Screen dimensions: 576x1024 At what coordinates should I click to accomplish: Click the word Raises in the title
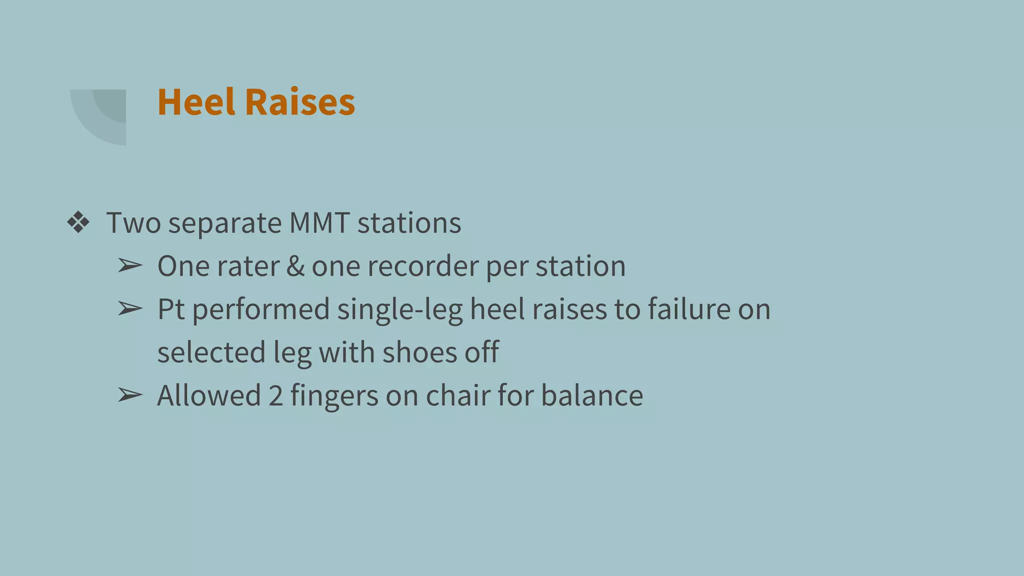(300, 102)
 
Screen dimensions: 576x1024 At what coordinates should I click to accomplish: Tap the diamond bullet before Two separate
(78, 222)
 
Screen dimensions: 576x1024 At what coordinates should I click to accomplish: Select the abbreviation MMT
(319, 223)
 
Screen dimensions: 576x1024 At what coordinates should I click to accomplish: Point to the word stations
(409, 223)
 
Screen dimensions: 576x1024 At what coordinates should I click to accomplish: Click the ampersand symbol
(295, 266)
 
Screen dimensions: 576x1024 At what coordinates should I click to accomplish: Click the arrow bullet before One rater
(130, 266)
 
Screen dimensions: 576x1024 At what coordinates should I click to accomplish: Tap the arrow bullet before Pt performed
(130, 309)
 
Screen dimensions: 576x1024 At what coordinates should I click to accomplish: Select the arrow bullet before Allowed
(130, 395)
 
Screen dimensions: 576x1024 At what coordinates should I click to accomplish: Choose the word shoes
(419, 352)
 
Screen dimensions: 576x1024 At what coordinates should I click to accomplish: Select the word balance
(592, 395)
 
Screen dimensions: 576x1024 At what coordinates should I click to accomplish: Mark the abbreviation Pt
(171, 309)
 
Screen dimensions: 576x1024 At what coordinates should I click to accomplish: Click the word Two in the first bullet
(133, 223)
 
